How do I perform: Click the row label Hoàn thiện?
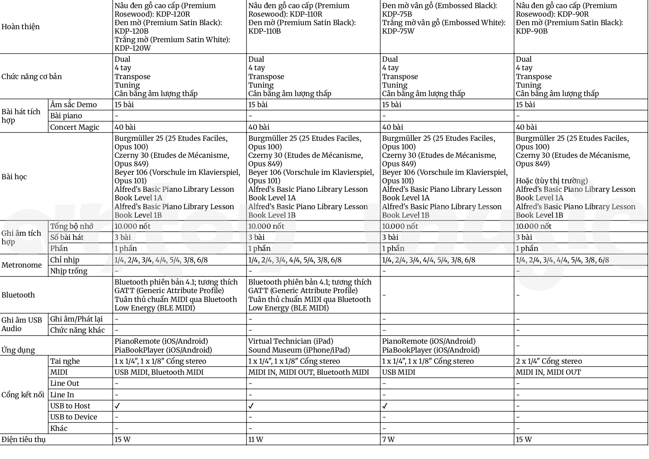click(x=21, y=27)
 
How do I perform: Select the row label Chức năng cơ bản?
click(x=32, y=76)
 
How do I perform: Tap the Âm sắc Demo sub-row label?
click(x=73, y=105)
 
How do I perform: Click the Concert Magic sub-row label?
click(x=75, y=127)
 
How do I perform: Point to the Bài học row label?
click(x=14, y=177)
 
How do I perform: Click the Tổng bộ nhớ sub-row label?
click(x=72, y=226)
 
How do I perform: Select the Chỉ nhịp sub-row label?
click(x=65, y=260)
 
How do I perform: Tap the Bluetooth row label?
click(x=18, y=295)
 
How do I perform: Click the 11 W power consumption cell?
click(x=256, y=439)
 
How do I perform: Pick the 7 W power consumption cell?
click(x=388, y=439)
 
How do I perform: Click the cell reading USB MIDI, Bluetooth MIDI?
click(x=159, y=372)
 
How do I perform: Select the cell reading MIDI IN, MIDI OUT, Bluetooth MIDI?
click(x=309, y=372)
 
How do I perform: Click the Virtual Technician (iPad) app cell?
click(x=290, y=341)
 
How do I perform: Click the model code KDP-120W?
click(x=133, y=48)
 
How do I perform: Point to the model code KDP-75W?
click(x=398, y=31)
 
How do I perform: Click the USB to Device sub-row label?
click(x=74, y=417)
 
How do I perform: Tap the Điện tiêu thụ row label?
click(x=24, y=439)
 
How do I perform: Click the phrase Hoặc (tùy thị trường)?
click(x=551, y=181)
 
